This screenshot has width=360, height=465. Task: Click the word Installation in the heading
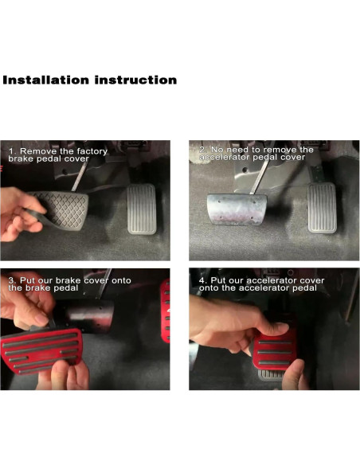point(46,80)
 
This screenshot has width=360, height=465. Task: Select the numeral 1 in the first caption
point(10,150)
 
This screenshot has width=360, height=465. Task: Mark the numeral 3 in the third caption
point(10,280)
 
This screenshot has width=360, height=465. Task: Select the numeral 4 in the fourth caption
point(202,280)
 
